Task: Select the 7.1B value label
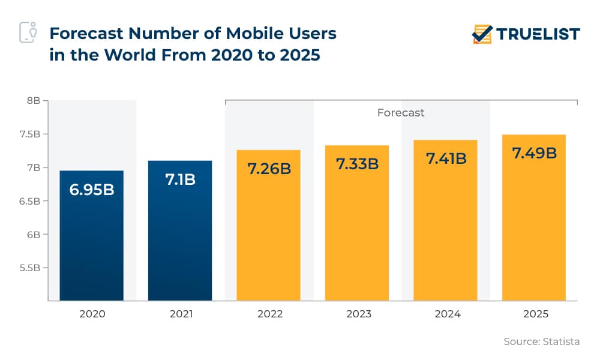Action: point(180,179)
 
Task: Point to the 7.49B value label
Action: point(534,153)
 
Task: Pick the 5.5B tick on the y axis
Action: point(29,268)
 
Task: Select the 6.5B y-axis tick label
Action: point(29,201)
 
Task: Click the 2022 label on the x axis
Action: point(269,314)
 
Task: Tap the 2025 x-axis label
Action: point(534,314)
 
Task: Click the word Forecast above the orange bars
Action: point(401,113)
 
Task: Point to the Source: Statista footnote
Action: point(541,341)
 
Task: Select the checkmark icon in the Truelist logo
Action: point(482,34)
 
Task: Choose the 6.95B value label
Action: point(92,191)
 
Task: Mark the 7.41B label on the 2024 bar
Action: point(446,159)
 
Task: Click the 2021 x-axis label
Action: point(180,314)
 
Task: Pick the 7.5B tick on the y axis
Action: point(29,134)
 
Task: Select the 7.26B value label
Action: point(269,168)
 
